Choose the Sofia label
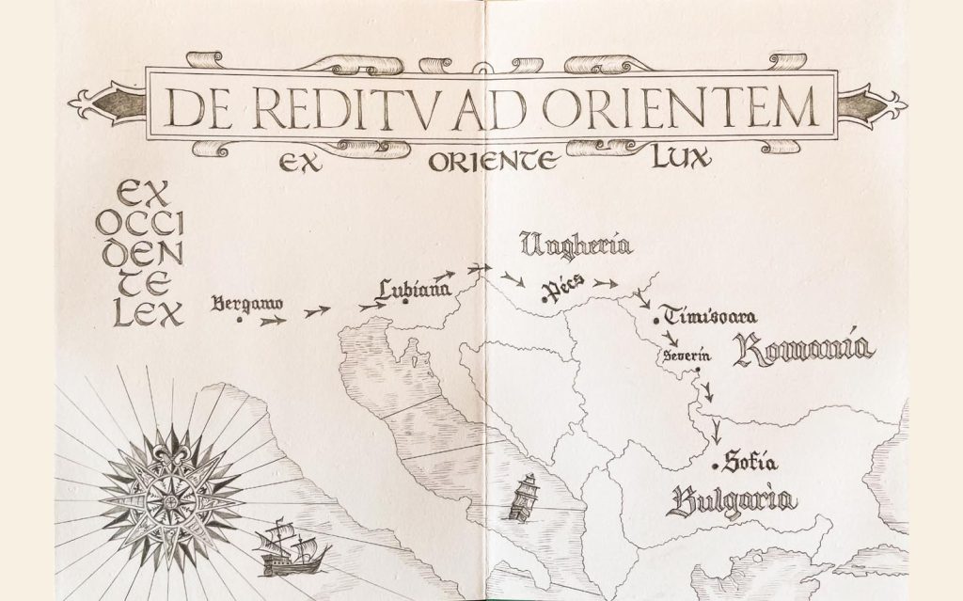753,463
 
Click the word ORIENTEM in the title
708,109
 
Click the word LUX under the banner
680,161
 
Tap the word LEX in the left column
148,316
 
